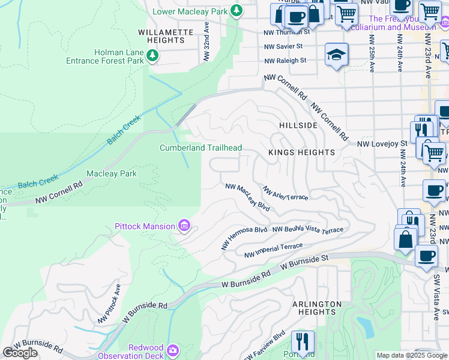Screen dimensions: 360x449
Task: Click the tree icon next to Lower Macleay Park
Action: tap(237, 10)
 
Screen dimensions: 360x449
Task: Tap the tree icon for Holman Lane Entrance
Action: tap(153, 56)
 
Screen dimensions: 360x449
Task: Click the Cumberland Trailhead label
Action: tap(200, 148)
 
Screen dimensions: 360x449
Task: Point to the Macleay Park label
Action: tap(112, 173)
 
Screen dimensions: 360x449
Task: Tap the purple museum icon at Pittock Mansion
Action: tap(184, 226)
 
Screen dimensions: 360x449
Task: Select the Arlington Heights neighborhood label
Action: tap(316, 308)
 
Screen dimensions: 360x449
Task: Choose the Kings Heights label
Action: tap(301, 152)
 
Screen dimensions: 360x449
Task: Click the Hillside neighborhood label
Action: tap(298, 125)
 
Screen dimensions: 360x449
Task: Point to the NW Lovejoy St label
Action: tap(382, 143)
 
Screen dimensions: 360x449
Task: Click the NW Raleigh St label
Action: tap(285, 60)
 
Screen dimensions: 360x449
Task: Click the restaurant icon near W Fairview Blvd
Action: tap(303, 342)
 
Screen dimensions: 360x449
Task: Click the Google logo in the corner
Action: tap(20, 352)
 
